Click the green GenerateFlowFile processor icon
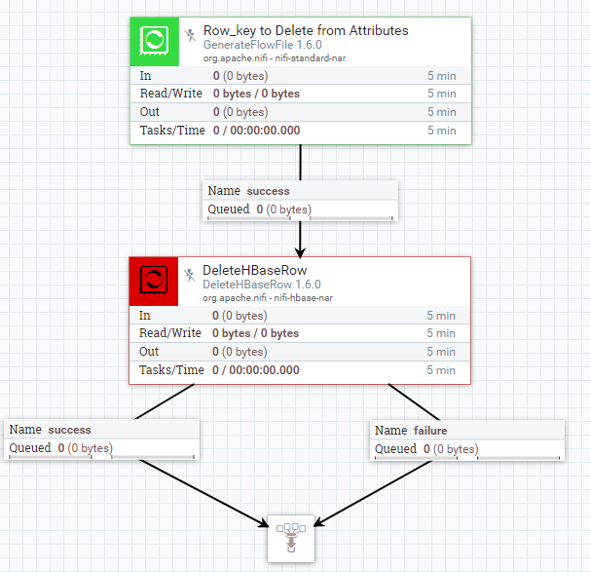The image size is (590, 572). [154, 41]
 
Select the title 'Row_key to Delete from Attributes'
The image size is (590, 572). [306, 30]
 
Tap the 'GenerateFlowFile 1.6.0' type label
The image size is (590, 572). [262, 45]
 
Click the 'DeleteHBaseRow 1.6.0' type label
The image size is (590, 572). [262, 285]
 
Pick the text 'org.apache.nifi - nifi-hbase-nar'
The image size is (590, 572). [260, 298]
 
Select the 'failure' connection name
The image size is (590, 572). [430, 430]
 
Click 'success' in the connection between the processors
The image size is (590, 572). [268, 191]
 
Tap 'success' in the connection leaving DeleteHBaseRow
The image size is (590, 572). [69, 430]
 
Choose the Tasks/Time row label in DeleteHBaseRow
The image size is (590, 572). [172, 370]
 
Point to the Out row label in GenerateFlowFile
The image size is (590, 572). [149, 112]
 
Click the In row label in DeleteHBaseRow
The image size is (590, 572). [145, 316]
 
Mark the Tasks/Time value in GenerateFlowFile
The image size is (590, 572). [257, 131]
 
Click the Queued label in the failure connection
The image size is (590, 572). [395, 449]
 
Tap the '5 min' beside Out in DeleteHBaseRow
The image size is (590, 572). [441, 352]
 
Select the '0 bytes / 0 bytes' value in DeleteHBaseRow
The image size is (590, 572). [256, 333]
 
